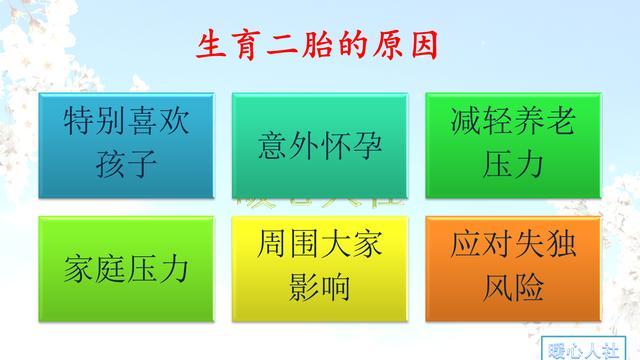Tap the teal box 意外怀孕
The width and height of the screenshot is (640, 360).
[319, 146]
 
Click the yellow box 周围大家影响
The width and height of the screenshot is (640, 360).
[319, 267]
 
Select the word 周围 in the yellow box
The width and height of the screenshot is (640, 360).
[285, 246]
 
